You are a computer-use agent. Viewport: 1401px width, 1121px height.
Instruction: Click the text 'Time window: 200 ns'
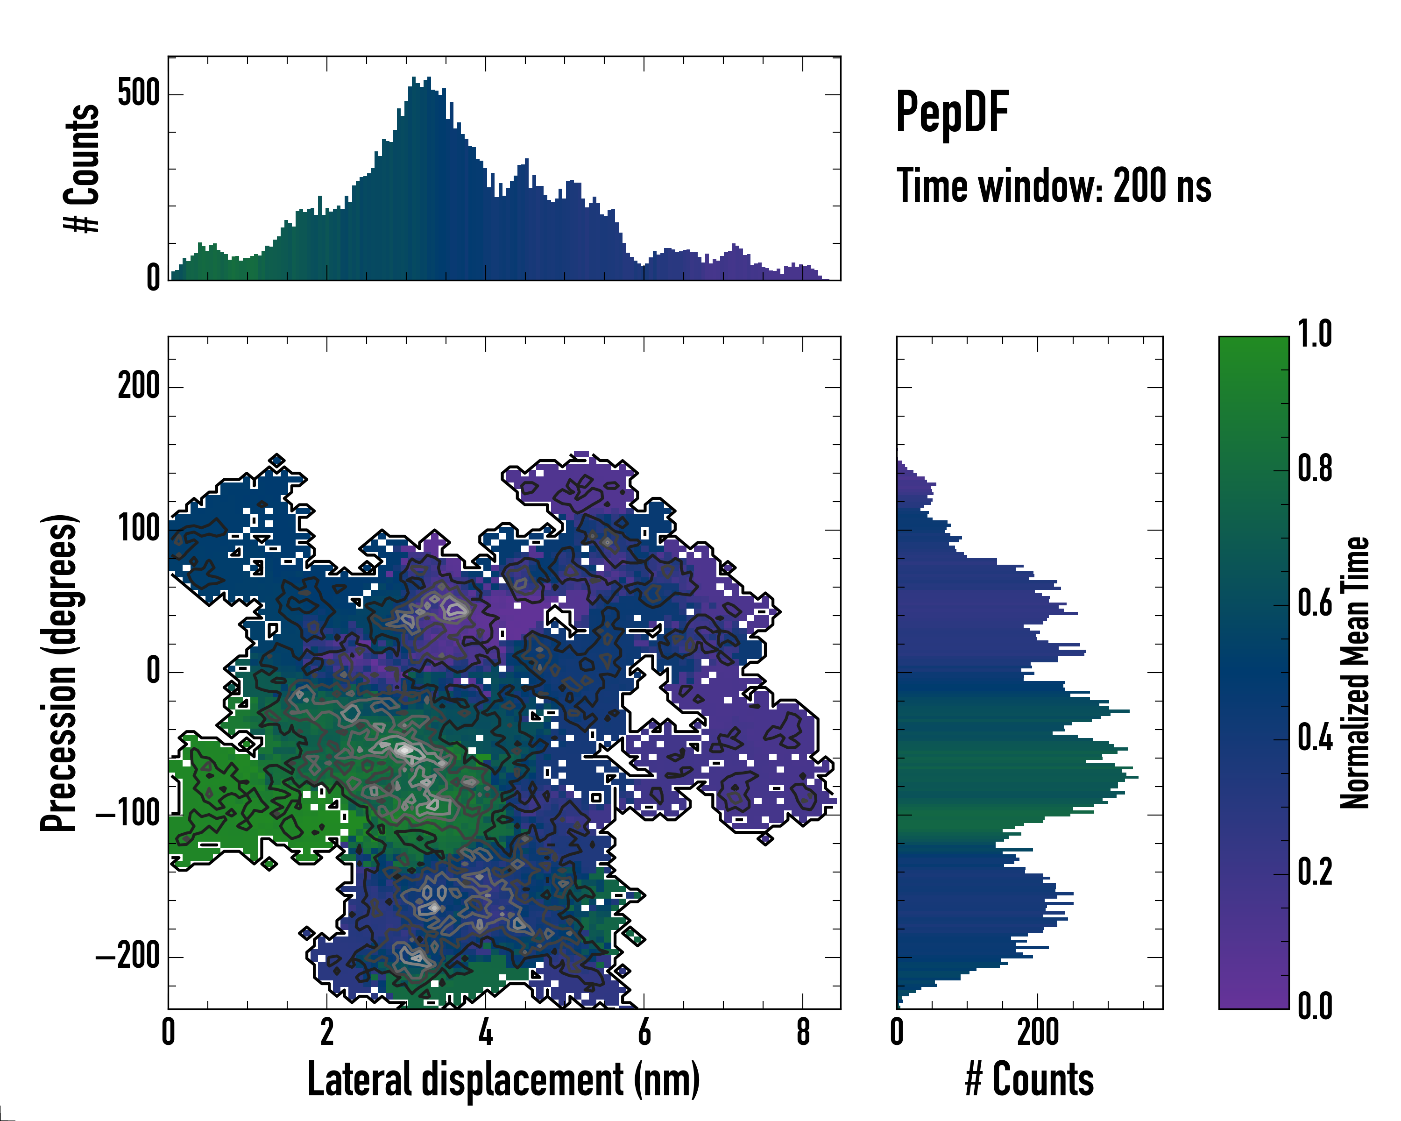coord(1054,186)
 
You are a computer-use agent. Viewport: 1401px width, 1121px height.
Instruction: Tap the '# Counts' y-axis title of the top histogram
coord(82,168)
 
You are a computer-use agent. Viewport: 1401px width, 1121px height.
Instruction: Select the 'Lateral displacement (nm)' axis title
coord(503,1079)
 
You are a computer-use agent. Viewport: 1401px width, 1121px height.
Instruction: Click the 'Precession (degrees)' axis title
coord(59,673)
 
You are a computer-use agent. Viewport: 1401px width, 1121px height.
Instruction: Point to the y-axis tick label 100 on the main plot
coord(138,529)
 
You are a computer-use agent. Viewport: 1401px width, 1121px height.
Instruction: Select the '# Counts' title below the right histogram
coord(1029,1079)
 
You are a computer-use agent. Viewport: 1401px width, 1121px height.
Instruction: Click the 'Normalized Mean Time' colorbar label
coord(1355,673)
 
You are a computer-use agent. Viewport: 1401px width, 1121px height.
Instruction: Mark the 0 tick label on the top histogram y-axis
coord(153,278)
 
